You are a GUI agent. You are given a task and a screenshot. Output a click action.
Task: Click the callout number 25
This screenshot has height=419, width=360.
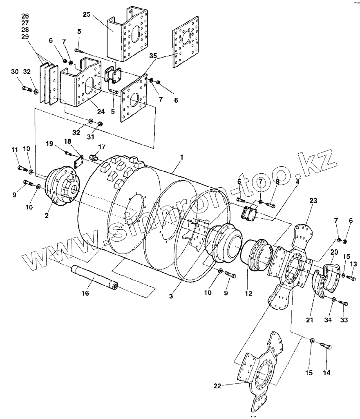(x=87, y=14)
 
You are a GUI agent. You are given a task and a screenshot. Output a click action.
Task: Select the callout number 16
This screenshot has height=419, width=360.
(x=85, y=293)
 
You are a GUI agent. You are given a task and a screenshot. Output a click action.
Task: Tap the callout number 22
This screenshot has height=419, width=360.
(x=217, y=386)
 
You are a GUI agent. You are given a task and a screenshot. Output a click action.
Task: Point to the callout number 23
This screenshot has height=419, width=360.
(x=313, y=200)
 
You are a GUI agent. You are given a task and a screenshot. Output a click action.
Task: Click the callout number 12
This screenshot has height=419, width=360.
(x=248, y=293)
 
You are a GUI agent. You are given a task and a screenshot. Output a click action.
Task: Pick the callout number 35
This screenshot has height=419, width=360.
(x=153, y=56)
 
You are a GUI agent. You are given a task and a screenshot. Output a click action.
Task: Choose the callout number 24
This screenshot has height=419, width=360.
(x=101, y=111)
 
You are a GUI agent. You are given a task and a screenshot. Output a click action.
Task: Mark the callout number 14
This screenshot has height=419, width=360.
(x=326, y=372)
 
